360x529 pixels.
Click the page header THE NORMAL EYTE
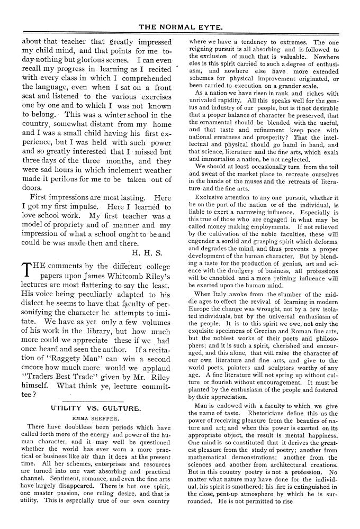[x=181, y=26]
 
